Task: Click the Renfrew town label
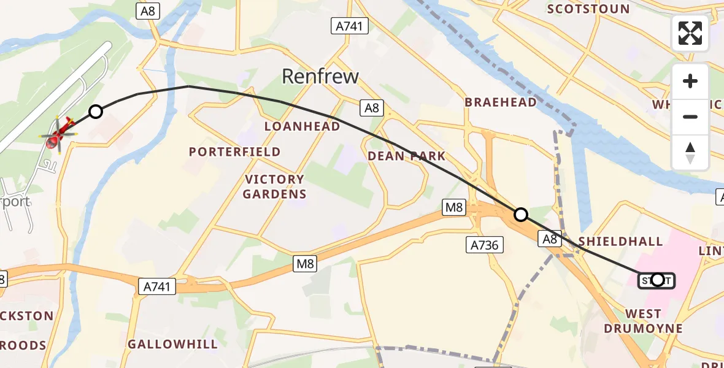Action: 320,76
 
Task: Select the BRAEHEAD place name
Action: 501,102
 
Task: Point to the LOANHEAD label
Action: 302,126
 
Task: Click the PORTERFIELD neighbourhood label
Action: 235,151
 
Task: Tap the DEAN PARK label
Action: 407,156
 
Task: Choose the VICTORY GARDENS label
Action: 274,186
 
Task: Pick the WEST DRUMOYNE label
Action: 642,321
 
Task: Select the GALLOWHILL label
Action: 172,344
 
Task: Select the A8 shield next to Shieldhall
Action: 550,239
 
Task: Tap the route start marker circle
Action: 657,280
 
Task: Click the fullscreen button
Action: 690,33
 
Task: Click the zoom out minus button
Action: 690,117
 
